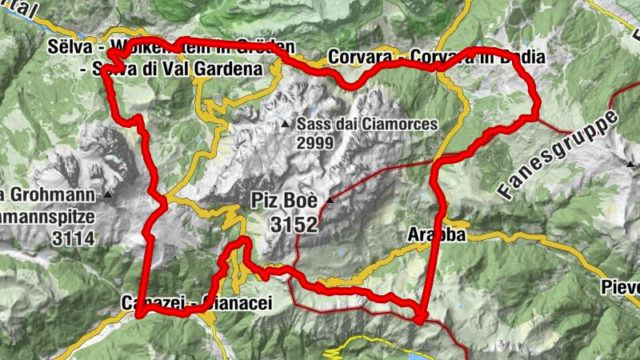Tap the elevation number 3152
tap(294, 225)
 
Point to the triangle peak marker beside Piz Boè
tap(329, 199)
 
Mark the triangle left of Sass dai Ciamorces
tap(285, 125)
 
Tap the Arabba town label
tap(436, 235)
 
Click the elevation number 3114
tap(71, 238)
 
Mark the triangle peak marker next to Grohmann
tap(107, 194)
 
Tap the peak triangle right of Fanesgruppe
tap(631, 164)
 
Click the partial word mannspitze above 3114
tap(47, 216)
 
